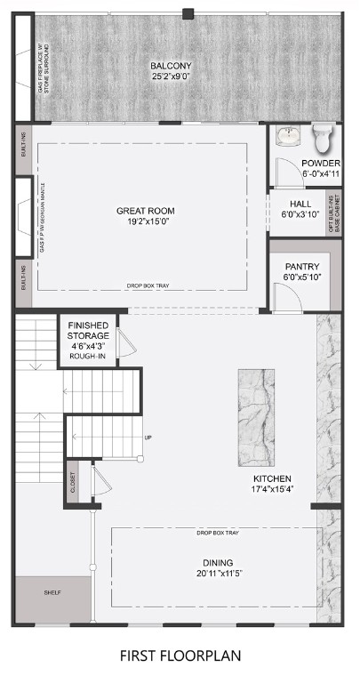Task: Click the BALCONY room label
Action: point(171,66)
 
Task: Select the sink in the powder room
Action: point(288,137)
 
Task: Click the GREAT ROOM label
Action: point(145,211)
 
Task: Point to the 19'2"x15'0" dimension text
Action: point(145,221)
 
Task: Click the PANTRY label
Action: point(301,267)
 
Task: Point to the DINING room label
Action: point(217,563)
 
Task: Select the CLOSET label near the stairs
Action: point(74,484)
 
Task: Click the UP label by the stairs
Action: point(148,438)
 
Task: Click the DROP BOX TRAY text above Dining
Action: point(216,533)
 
